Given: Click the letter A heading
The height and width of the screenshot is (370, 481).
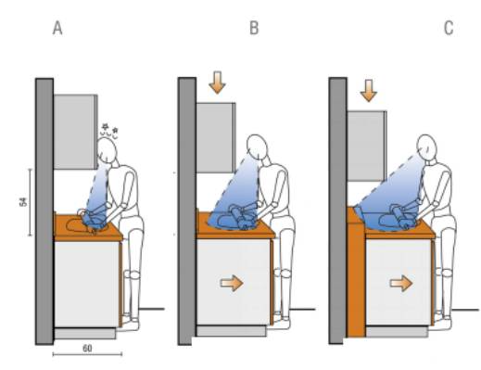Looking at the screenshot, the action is pyautogui.click(x=57, y=29).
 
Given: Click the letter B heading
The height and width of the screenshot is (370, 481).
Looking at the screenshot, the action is pyautogui.click(x=254, y=28).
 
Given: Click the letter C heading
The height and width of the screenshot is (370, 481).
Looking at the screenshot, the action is pyautogui.click(x=449, y=28).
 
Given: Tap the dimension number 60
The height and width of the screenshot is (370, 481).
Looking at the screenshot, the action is pyautogui.click(x=87, y=349).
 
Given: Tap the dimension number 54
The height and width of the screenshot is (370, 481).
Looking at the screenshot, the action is pyautogui.click(x=23, y=202).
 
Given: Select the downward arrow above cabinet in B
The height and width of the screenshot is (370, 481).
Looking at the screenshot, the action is pyautogui.click(x=218, y=83).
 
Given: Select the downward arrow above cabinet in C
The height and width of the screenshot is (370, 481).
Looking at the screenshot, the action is pyautogui.click(x=369, y=90).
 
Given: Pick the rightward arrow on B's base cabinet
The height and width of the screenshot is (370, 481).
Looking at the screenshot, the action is pyautogui.click(x=232, y=283).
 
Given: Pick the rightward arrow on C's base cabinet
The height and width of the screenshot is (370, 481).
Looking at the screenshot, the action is pyautogui.click(x=401, y=283).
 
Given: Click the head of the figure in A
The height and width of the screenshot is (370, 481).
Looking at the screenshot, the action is pyautogui.click(x=107, y=149).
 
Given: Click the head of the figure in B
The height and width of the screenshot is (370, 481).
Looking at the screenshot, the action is pyautogui.click(x=257, y=147).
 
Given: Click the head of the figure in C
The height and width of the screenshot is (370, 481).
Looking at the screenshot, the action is pyautogui.click(x=427, y=147).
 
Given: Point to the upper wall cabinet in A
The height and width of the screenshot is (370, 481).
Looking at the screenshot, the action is pyautogui.click(x=76, y=132).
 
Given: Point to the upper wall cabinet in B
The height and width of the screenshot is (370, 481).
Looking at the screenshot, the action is pyautogui.click(x=216, y=137).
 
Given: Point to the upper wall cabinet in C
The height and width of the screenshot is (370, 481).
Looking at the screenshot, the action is pyautogui.click(x=367, y=146).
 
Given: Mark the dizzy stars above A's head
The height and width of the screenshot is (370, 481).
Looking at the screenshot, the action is pyautogui.click(x=110, y=130).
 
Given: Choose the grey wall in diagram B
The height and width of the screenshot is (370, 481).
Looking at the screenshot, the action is pyautogui.click(x=186, y=211).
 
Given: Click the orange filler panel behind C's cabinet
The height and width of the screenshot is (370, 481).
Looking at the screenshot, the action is pyautogui.click(x=356, y=272).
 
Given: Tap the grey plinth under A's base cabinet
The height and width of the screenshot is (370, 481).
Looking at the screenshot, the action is pyautogui.click(x=85, y=334).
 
